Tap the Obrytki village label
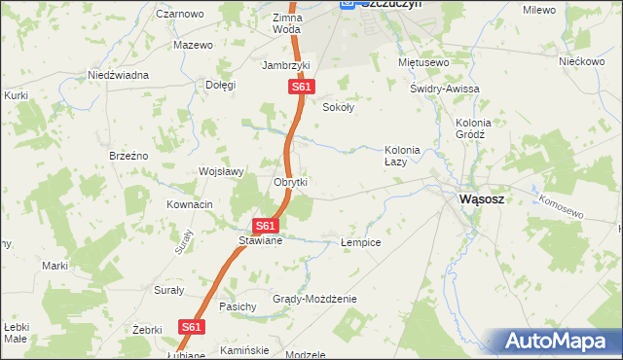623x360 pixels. (291, 182)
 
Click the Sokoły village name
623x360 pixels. (338, 108)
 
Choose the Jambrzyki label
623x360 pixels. (285, 65)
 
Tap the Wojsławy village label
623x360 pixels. (221, 171)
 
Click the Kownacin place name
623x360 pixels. (189, 205)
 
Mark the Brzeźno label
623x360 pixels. (128, 156)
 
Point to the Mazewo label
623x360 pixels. (193, 45)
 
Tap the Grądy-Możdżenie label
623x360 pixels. (314, 299)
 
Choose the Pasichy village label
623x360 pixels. (238, 306)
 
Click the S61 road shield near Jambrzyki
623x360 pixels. (302, 88)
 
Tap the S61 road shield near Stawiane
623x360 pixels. (268, 226)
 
